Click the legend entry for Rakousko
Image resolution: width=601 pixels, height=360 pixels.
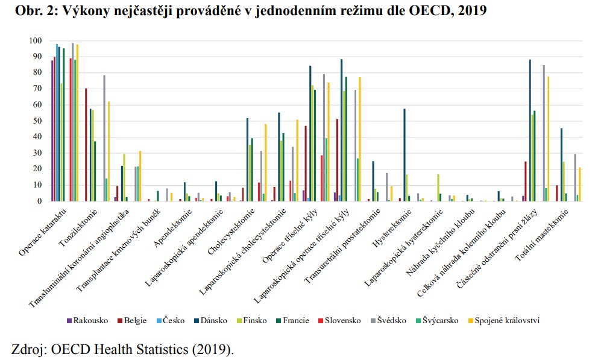click(90, 321)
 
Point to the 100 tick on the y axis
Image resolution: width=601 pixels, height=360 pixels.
click(34, 40)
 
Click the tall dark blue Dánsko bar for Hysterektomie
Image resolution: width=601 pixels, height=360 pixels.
click(404, 155)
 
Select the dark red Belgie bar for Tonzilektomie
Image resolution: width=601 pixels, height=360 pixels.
click(86, 145)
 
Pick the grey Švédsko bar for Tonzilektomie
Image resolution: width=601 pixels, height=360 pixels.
click(104, 138)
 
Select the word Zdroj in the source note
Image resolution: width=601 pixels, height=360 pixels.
click(28, 349)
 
